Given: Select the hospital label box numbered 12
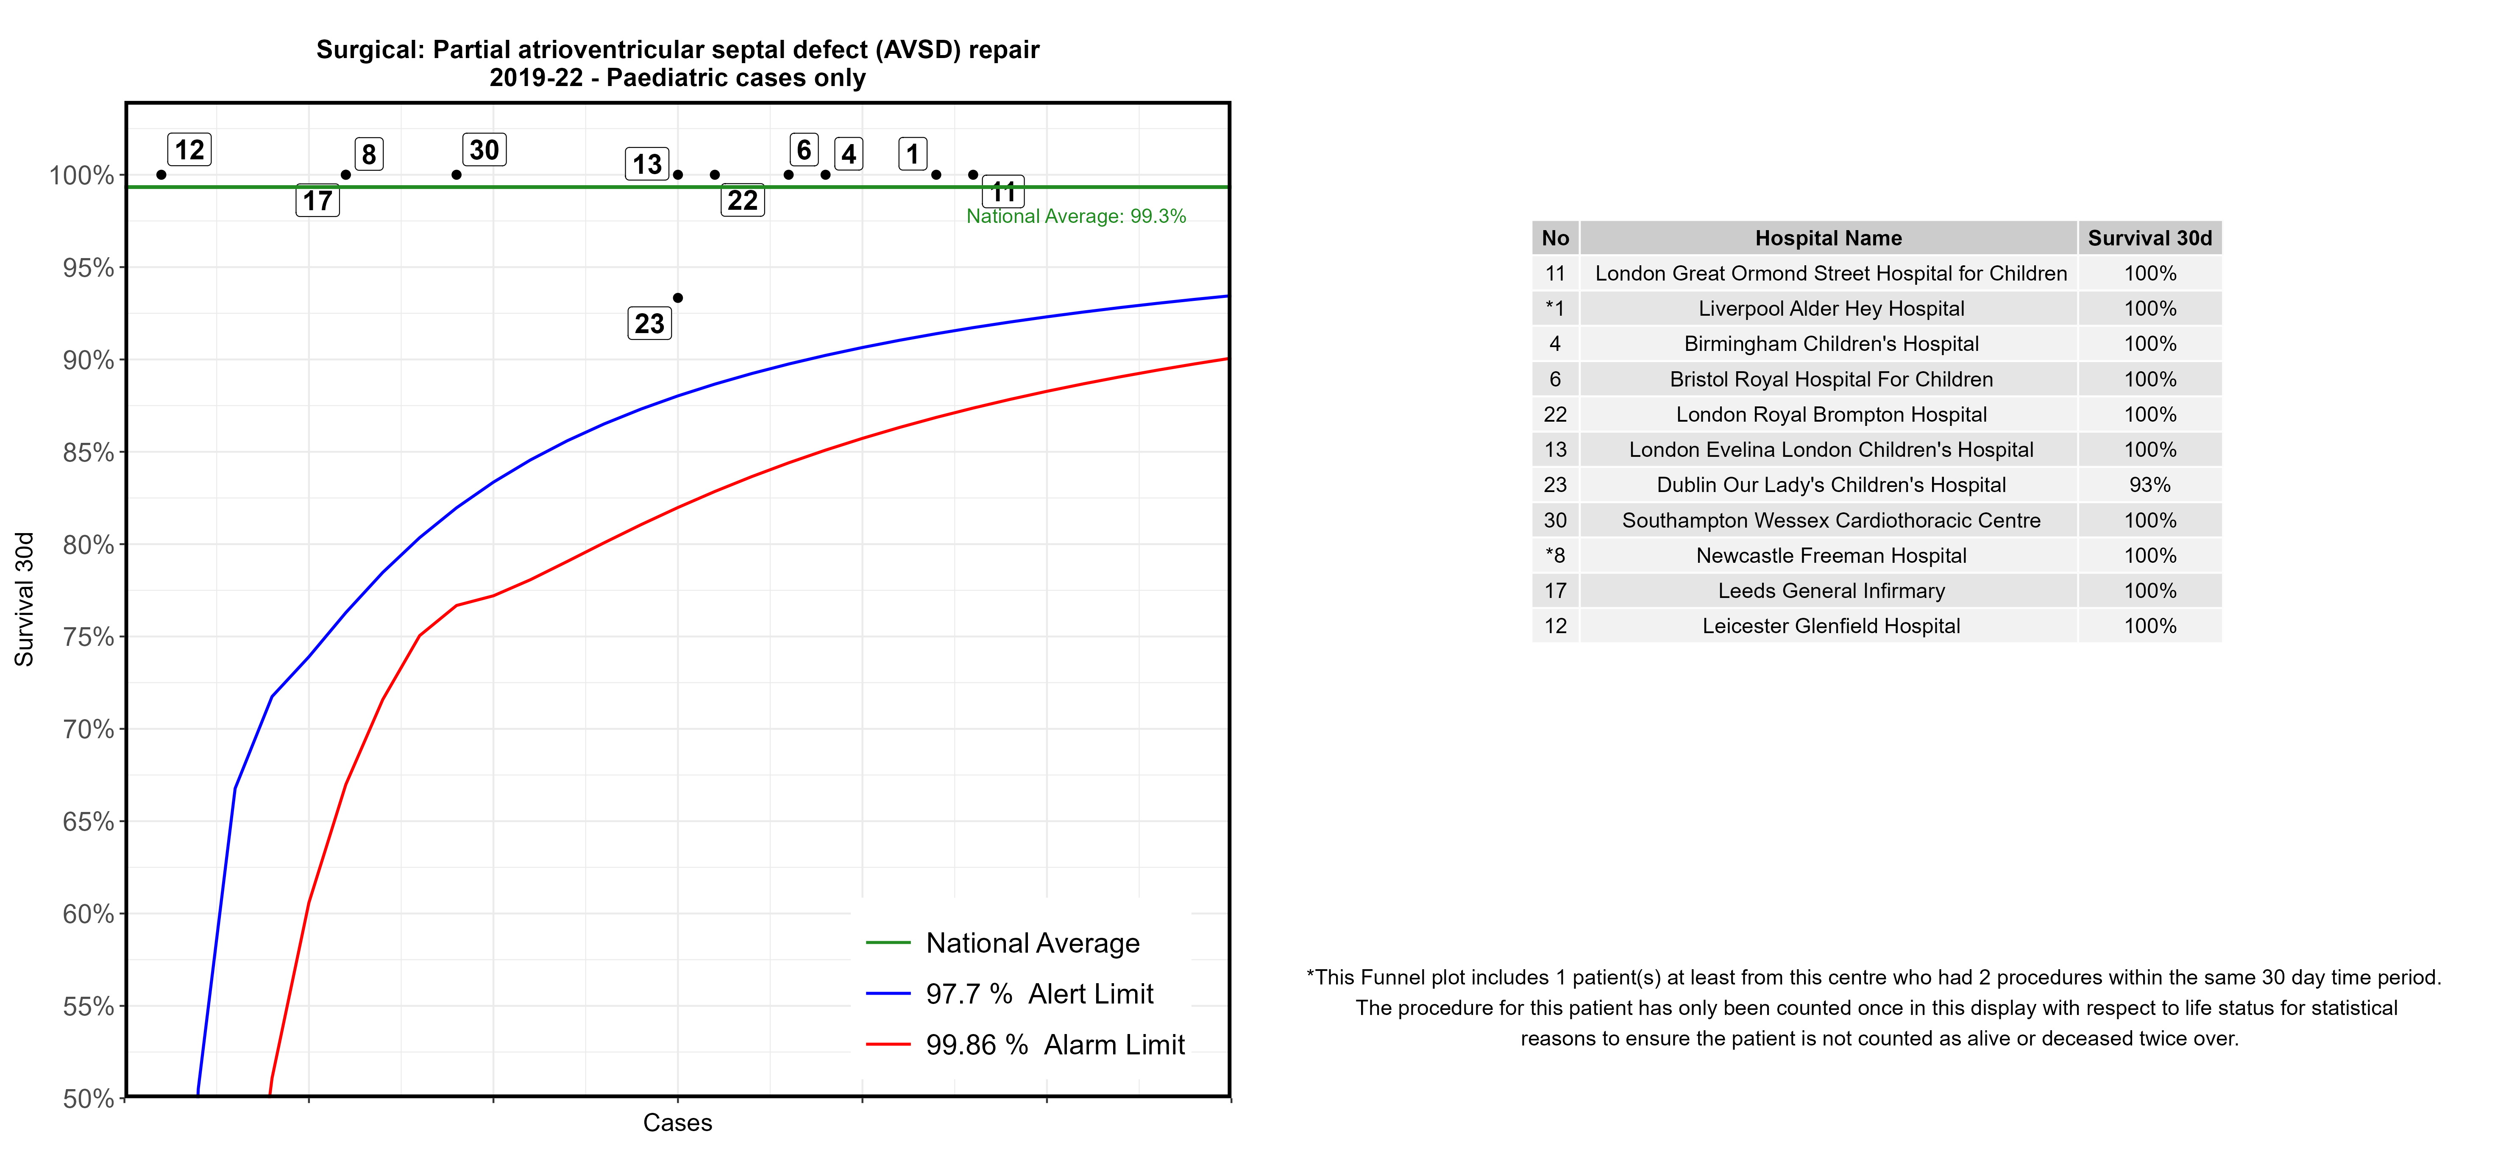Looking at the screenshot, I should pos(189,150).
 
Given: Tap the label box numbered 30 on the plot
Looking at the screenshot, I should pos(484,150).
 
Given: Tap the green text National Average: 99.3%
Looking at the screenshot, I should pos(1076,217).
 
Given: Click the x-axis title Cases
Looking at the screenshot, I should pos(677,1123).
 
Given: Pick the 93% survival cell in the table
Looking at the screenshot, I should pos(2149,485).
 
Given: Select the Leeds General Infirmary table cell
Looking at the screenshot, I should pos(1831,591).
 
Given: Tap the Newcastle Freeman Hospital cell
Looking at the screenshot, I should pos(1831,556).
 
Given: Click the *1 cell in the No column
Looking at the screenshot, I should pos(1555,309).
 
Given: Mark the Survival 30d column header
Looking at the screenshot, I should pos(2149,238).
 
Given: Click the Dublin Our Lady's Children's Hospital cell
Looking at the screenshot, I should pos(1831,485).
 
